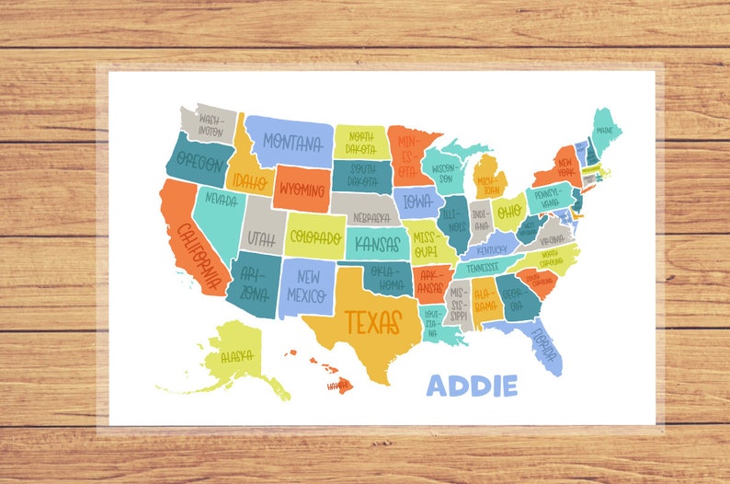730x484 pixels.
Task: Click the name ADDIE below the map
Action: [x=473, y=386]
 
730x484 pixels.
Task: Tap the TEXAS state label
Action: [x=373, y=322]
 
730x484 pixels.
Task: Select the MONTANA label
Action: [x=292, y=143]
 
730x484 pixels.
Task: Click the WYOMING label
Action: [x=301, y=190]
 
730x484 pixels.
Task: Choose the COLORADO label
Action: [x=315, y=236]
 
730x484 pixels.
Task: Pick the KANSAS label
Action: [x=376, y=244]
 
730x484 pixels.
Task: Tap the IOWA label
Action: [x=417, y=202]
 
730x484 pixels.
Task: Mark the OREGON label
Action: [x=200, y=164]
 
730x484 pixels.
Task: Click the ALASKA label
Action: [x=235, y=356]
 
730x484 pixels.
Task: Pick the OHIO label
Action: [x=508, y=211]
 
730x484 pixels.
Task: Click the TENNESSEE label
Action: [x=483, y=269]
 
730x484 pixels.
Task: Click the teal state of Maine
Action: [x=605, y=129]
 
